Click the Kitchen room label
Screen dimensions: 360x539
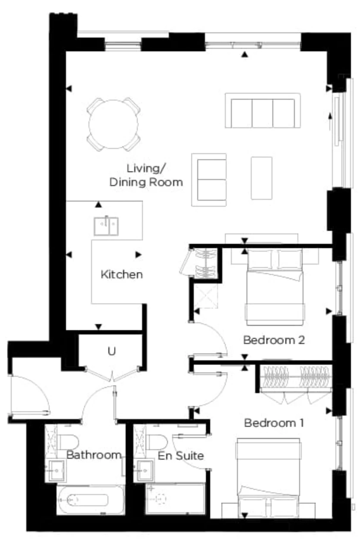tap(122, 274)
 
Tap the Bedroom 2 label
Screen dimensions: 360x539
tap(274, 340)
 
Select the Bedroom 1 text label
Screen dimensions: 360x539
tap(274, 423)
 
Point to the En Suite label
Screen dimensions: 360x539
tap(181, 456)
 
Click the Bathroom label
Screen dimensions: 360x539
tap(94, 455)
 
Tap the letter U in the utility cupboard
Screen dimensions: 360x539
tap(112, 351)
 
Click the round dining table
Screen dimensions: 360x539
tap(114, 124)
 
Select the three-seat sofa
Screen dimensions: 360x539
tap(262, 110)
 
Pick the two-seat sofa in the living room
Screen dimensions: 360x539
tap(209, 180)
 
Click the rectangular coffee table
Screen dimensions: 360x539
tap(262, 178)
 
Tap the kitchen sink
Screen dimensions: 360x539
tap(106, 226)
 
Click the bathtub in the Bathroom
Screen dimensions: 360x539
tap(91, 500)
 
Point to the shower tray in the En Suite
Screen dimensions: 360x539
tap(176, 498)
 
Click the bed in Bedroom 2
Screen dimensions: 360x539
tap(275, 287)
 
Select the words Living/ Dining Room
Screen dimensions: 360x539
tap(146, 175)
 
